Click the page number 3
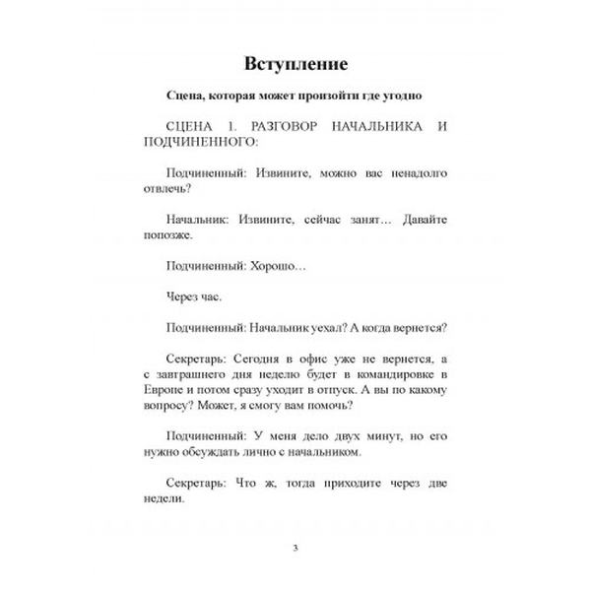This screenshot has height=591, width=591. pyautogui.click(x=295, y=548)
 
